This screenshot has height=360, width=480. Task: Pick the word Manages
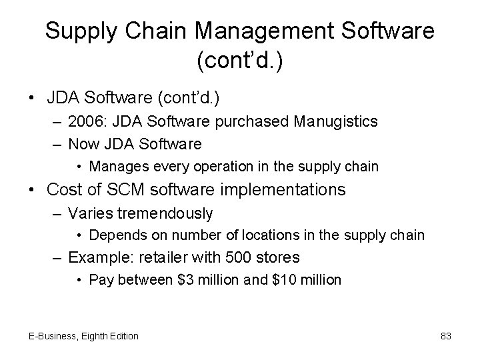(114, 165)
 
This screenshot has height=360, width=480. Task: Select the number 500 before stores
(243, 257)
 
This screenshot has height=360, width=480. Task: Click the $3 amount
(179, 279)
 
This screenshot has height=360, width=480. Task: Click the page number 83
(446, 336)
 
